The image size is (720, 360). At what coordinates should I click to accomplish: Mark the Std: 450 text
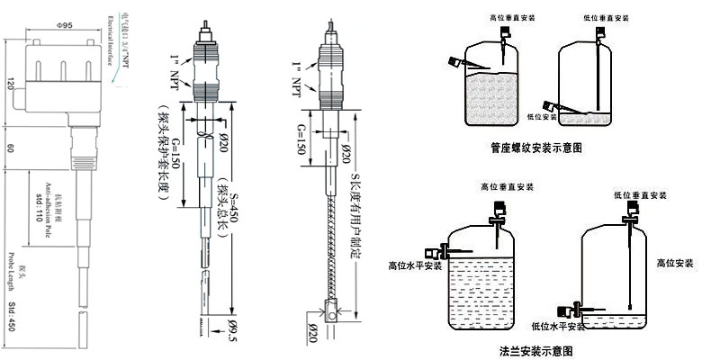pos(12,317)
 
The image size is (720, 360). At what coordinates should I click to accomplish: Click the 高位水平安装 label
pos(415,265)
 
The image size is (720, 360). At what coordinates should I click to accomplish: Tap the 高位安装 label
pos(674,263)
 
